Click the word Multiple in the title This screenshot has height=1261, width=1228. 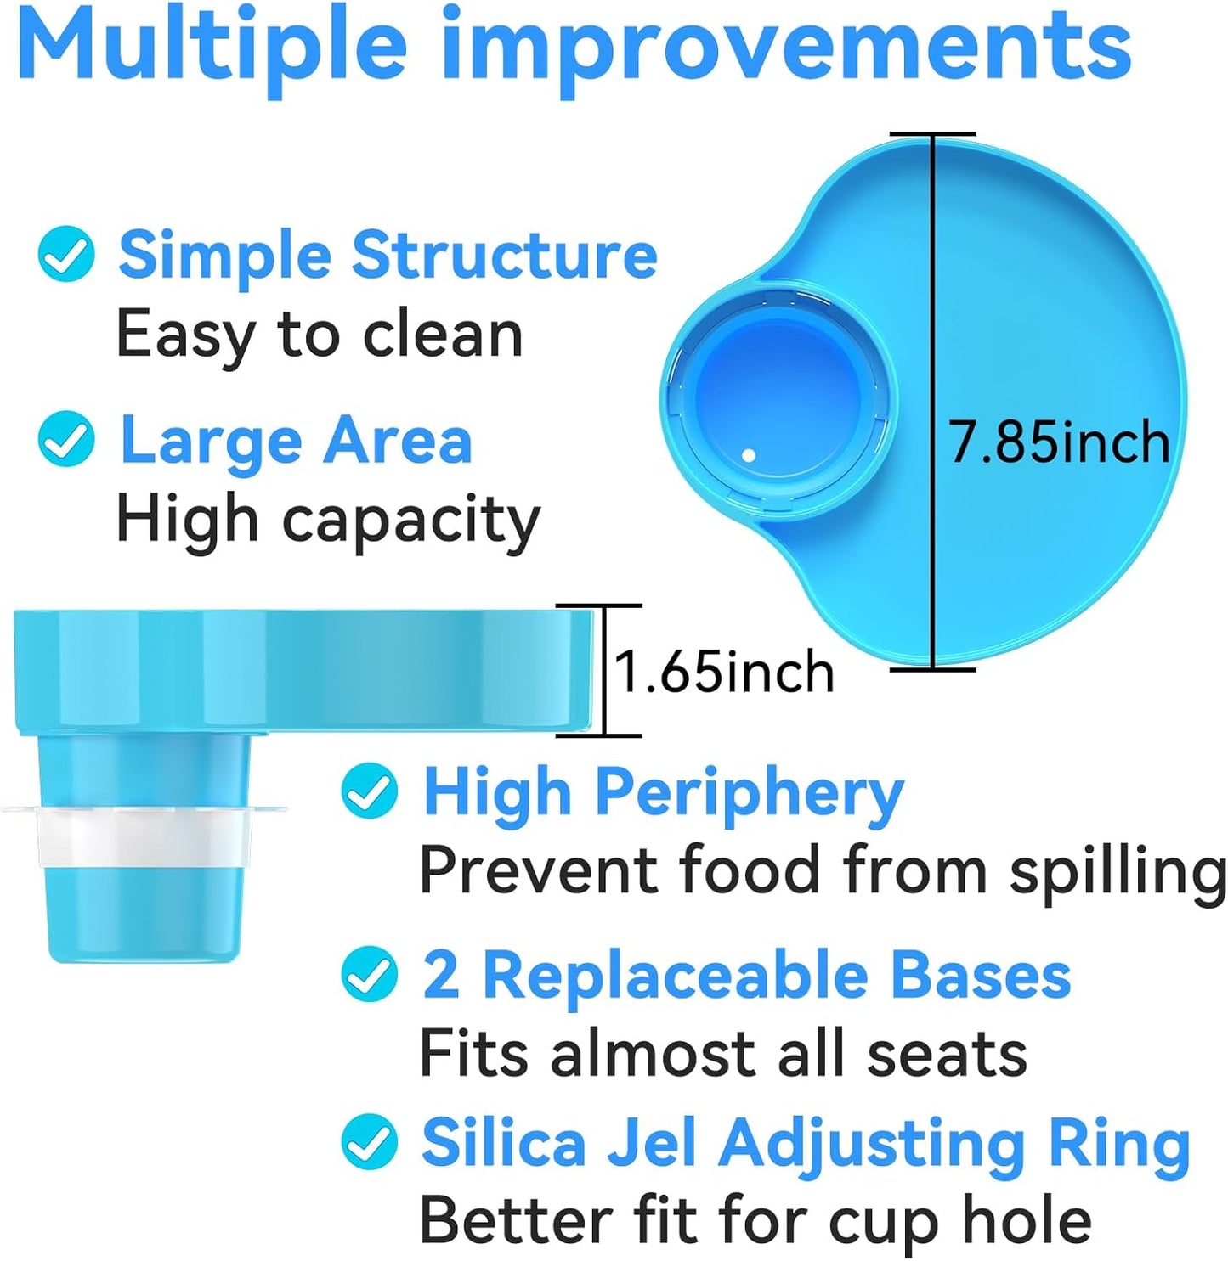tap(214, 48)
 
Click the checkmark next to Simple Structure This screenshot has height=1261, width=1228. tap(67, 256)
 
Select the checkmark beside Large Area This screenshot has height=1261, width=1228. tap(67, 439)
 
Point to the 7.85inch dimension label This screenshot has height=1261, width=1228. tap(1060, 442)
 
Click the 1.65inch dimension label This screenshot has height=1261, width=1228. tap(723, 672)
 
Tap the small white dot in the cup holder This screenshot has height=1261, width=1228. tap(748, 456)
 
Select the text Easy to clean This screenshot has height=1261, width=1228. tap(320, 335)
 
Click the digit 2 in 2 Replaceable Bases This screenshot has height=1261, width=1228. tap(441, 975)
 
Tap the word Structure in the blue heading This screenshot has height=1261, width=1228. tap(505, 256)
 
